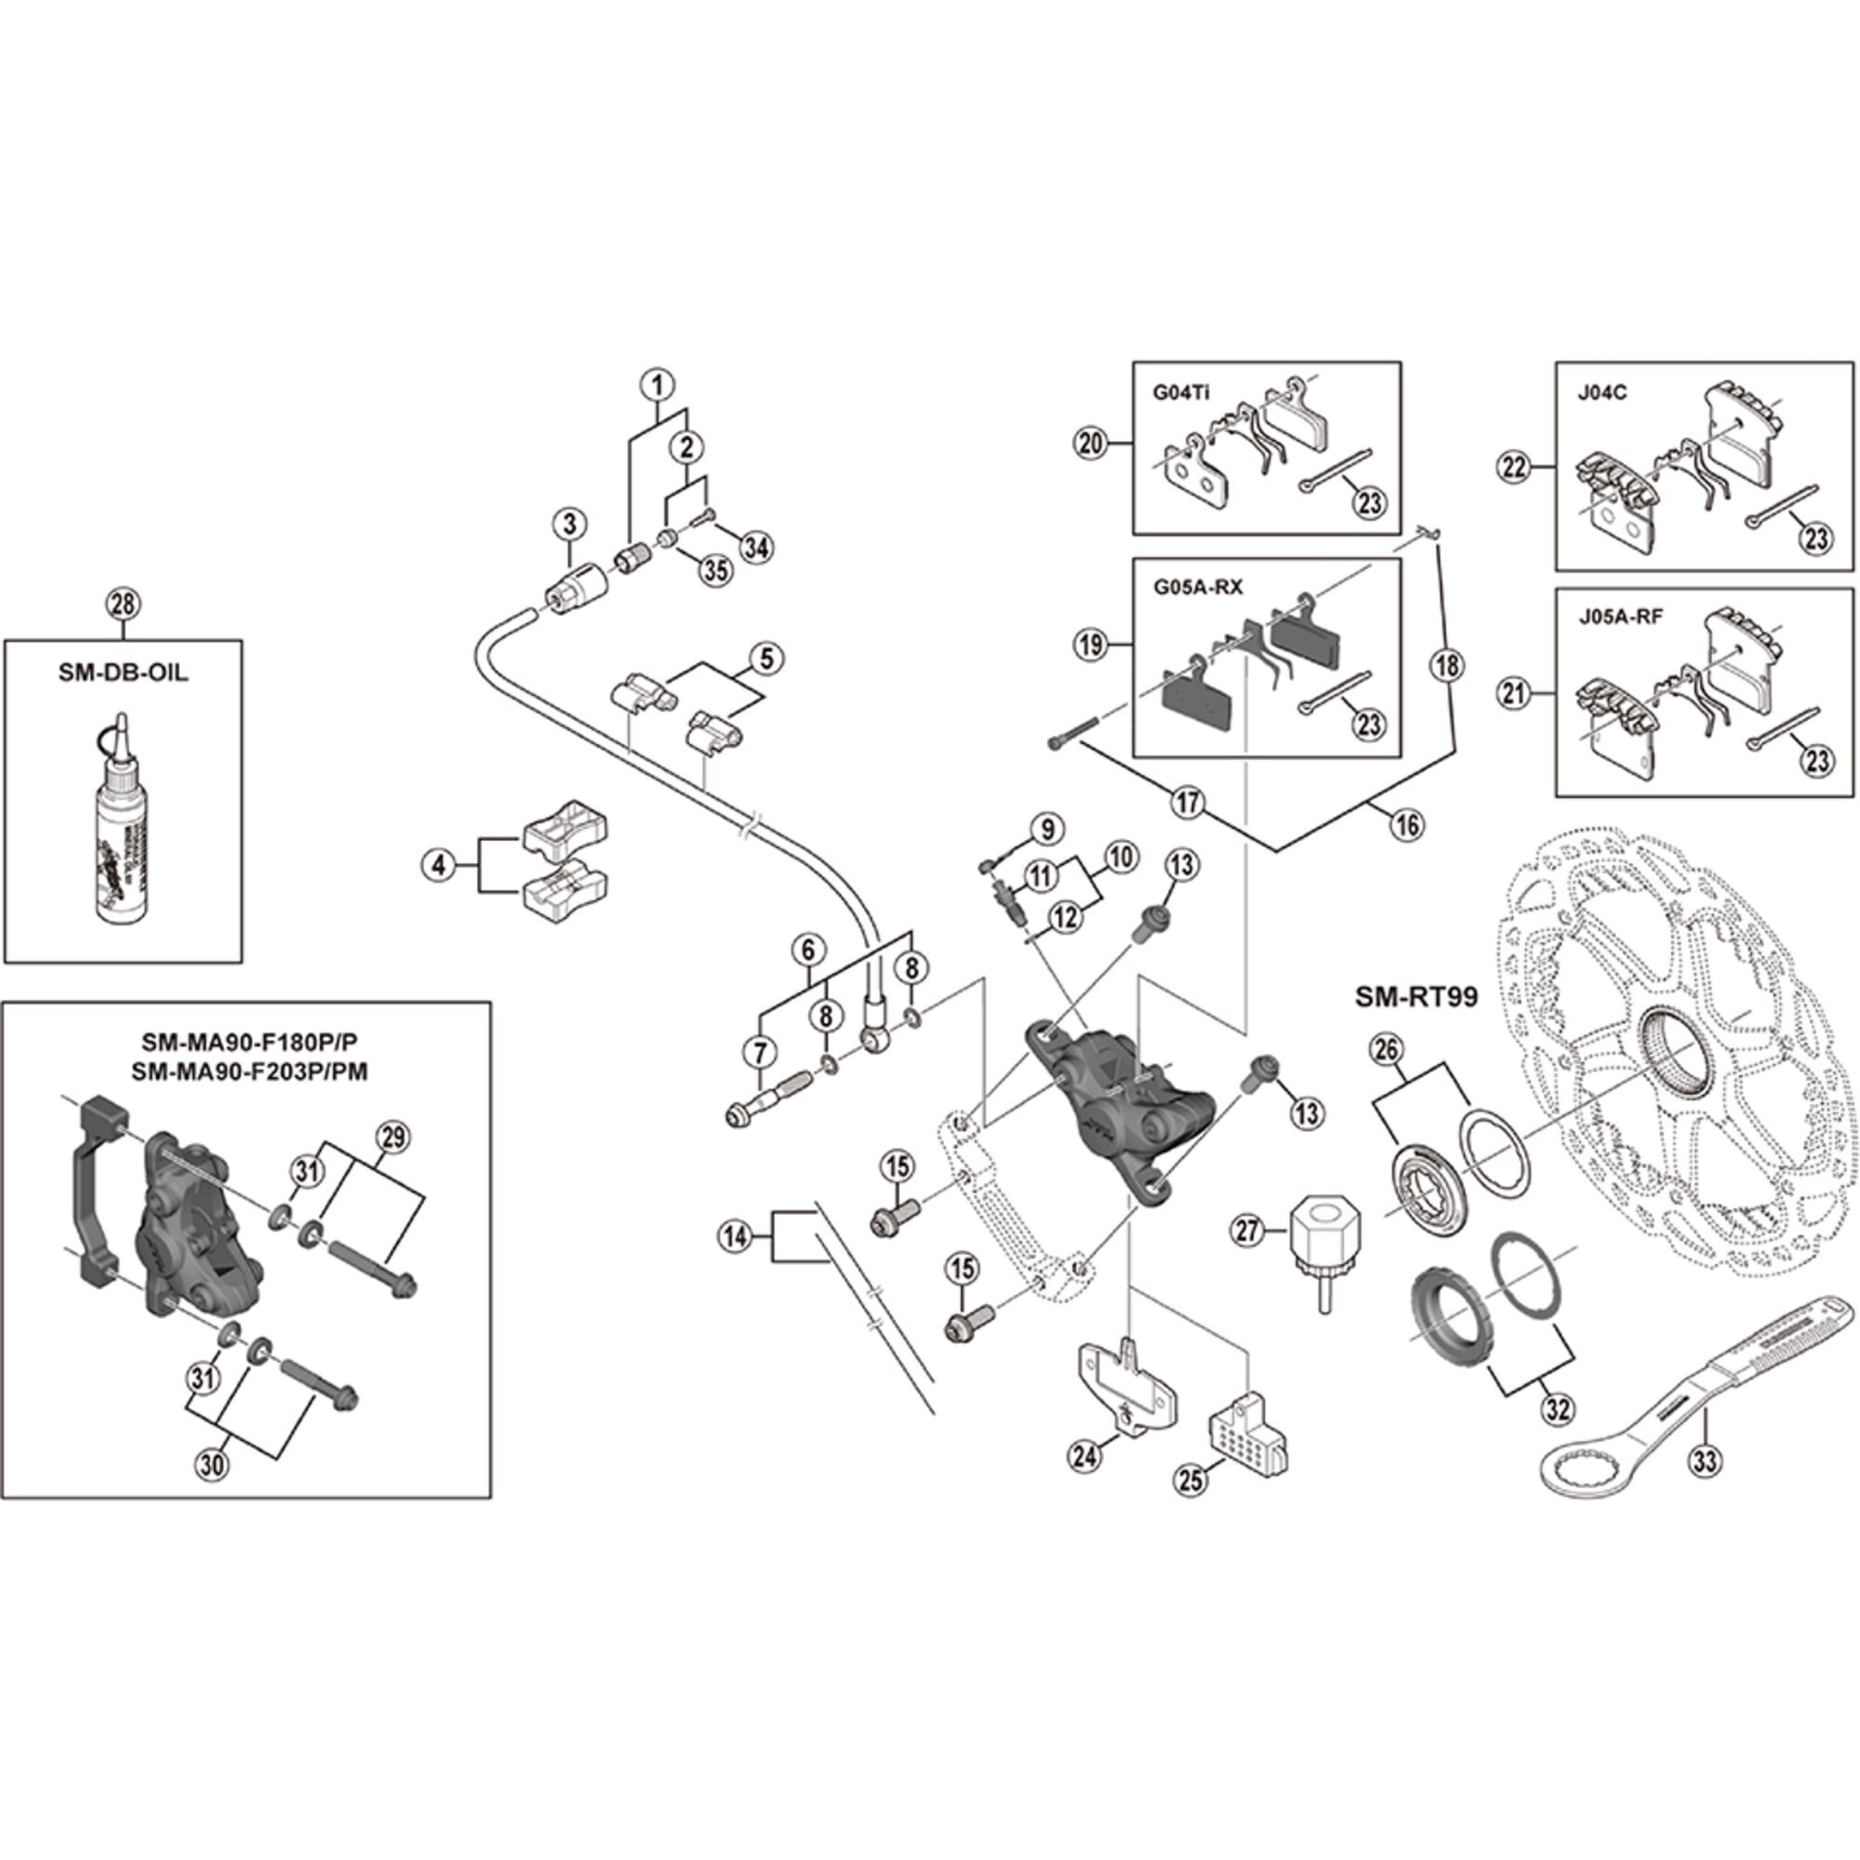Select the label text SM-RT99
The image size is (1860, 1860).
click(1415, 996)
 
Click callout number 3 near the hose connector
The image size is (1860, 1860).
click(570, 524)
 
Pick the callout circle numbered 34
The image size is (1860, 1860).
click(756, 548)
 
